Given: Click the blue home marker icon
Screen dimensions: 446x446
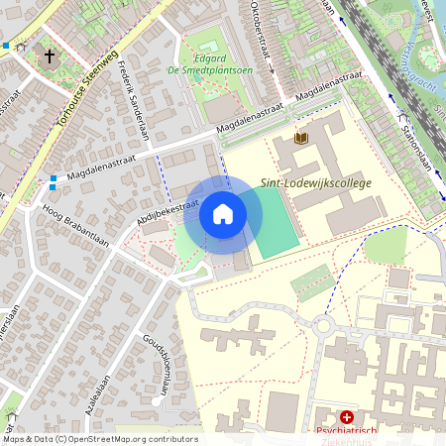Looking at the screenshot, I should tap(223, 214).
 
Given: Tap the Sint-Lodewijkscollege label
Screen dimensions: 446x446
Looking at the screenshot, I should tap(315, 183).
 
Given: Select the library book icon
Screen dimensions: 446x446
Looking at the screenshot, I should tap(302, 137).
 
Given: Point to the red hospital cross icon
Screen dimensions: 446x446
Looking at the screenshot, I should tap(347, 418).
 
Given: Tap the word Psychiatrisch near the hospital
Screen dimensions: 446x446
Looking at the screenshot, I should tap(347, 432).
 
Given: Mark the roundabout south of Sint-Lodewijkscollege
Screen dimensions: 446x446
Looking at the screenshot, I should tap(323, 326).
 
